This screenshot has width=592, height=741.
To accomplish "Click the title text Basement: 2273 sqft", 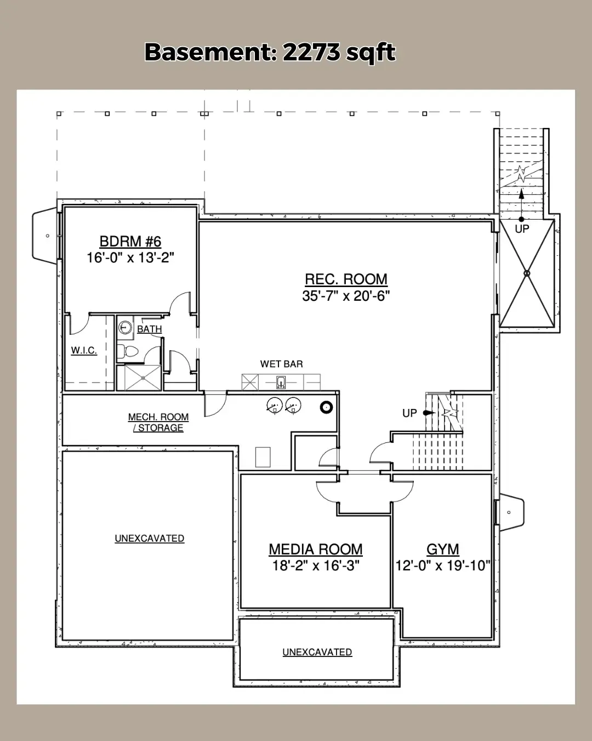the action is coord(270,53).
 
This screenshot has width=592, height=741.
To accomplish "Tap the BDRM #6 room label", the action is coord(130,242).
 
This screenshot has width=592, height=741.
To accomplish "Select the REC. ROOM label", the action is coord(346,279).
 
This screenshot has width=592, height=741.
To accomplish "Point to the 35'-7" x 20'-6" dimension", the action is coord(346,296).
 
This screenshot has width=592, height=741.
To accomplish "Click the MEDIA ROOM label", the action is coord(315,549).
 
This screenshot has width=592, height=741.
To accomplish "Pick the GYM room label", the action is coord(443,549).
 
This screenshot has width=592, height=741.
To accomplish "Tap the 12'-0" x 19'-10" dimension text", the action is coord(443,565).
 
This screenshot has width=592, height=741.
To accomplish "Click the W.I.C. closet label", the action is coord(84,351).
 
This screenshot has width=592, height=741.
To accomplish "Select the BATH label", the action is coord(149,329).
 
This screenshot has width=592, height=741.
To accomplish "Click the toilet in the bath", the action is coord(128,351).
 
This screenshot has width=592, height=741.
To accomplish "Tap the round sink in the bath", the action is coord(125,327).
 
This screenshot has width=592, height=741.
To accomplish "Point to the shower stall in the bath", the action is coord(139,378).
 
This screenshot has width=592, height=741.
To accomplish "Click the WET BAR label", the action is coord(281,364).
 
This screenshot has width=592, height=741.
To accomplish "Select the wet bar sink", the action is coord(281,383).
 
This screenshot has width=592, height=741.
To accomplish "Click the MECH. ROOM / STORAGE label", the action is coord(158,422).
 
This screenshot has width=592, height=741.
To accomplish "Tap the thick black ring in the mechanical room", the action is coord(326,408).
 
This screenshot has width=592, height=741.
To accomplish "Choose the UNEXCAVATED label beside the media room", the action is coord(149,538).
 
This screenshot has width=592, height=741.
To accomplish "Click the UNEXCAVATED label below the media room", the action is coord(317,652).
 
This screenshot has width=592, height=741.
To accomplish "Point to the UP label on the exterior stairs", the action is coord(522,229).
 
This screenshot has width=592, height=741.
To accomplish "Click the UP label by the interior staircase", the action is coord(409,413).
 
